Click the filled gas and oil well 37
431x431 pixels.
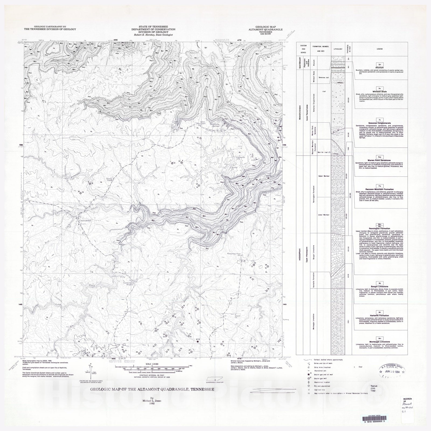pyautogui.click(x=198, y=342)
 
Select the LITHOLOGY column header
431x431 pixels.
pyautogui.click(x=338, y=49)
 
